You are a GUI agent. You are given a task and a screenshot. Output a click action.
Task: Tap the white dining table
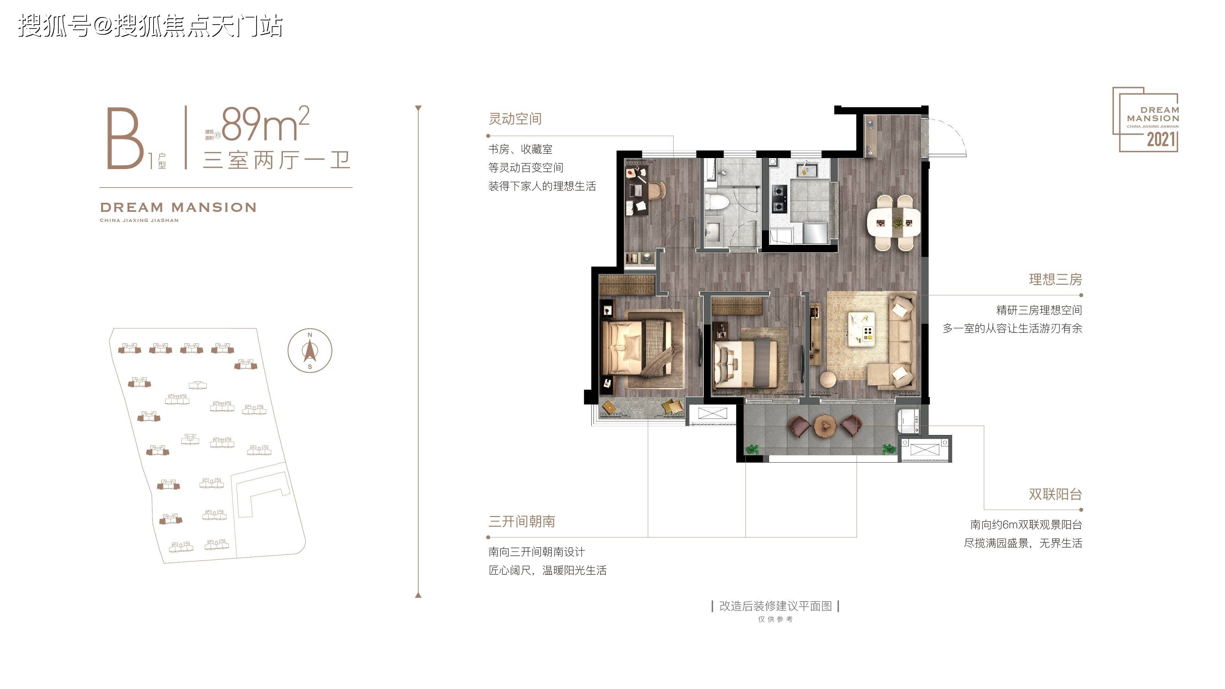894,222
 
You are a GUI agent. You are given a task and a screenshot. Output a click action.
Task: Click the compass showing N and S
310,350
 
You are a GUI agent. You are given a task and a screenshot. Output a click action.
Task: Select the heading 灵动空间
515,119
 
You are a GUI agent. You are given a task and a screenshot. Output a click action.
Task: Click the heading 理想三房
1055,279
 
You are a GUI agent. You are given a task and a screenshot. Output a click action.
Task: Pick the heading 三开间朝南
522,521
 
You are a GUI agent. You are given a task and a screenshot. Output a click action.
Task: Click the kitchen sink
807,170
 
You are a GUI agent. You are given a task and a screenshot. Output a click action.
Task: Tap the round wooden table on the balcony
825,426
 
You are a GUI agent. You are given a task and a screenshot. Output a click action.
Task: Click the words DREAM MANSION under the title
178,207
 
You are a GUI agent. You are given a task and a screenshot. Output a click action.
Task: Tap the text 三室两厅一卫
276,160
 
